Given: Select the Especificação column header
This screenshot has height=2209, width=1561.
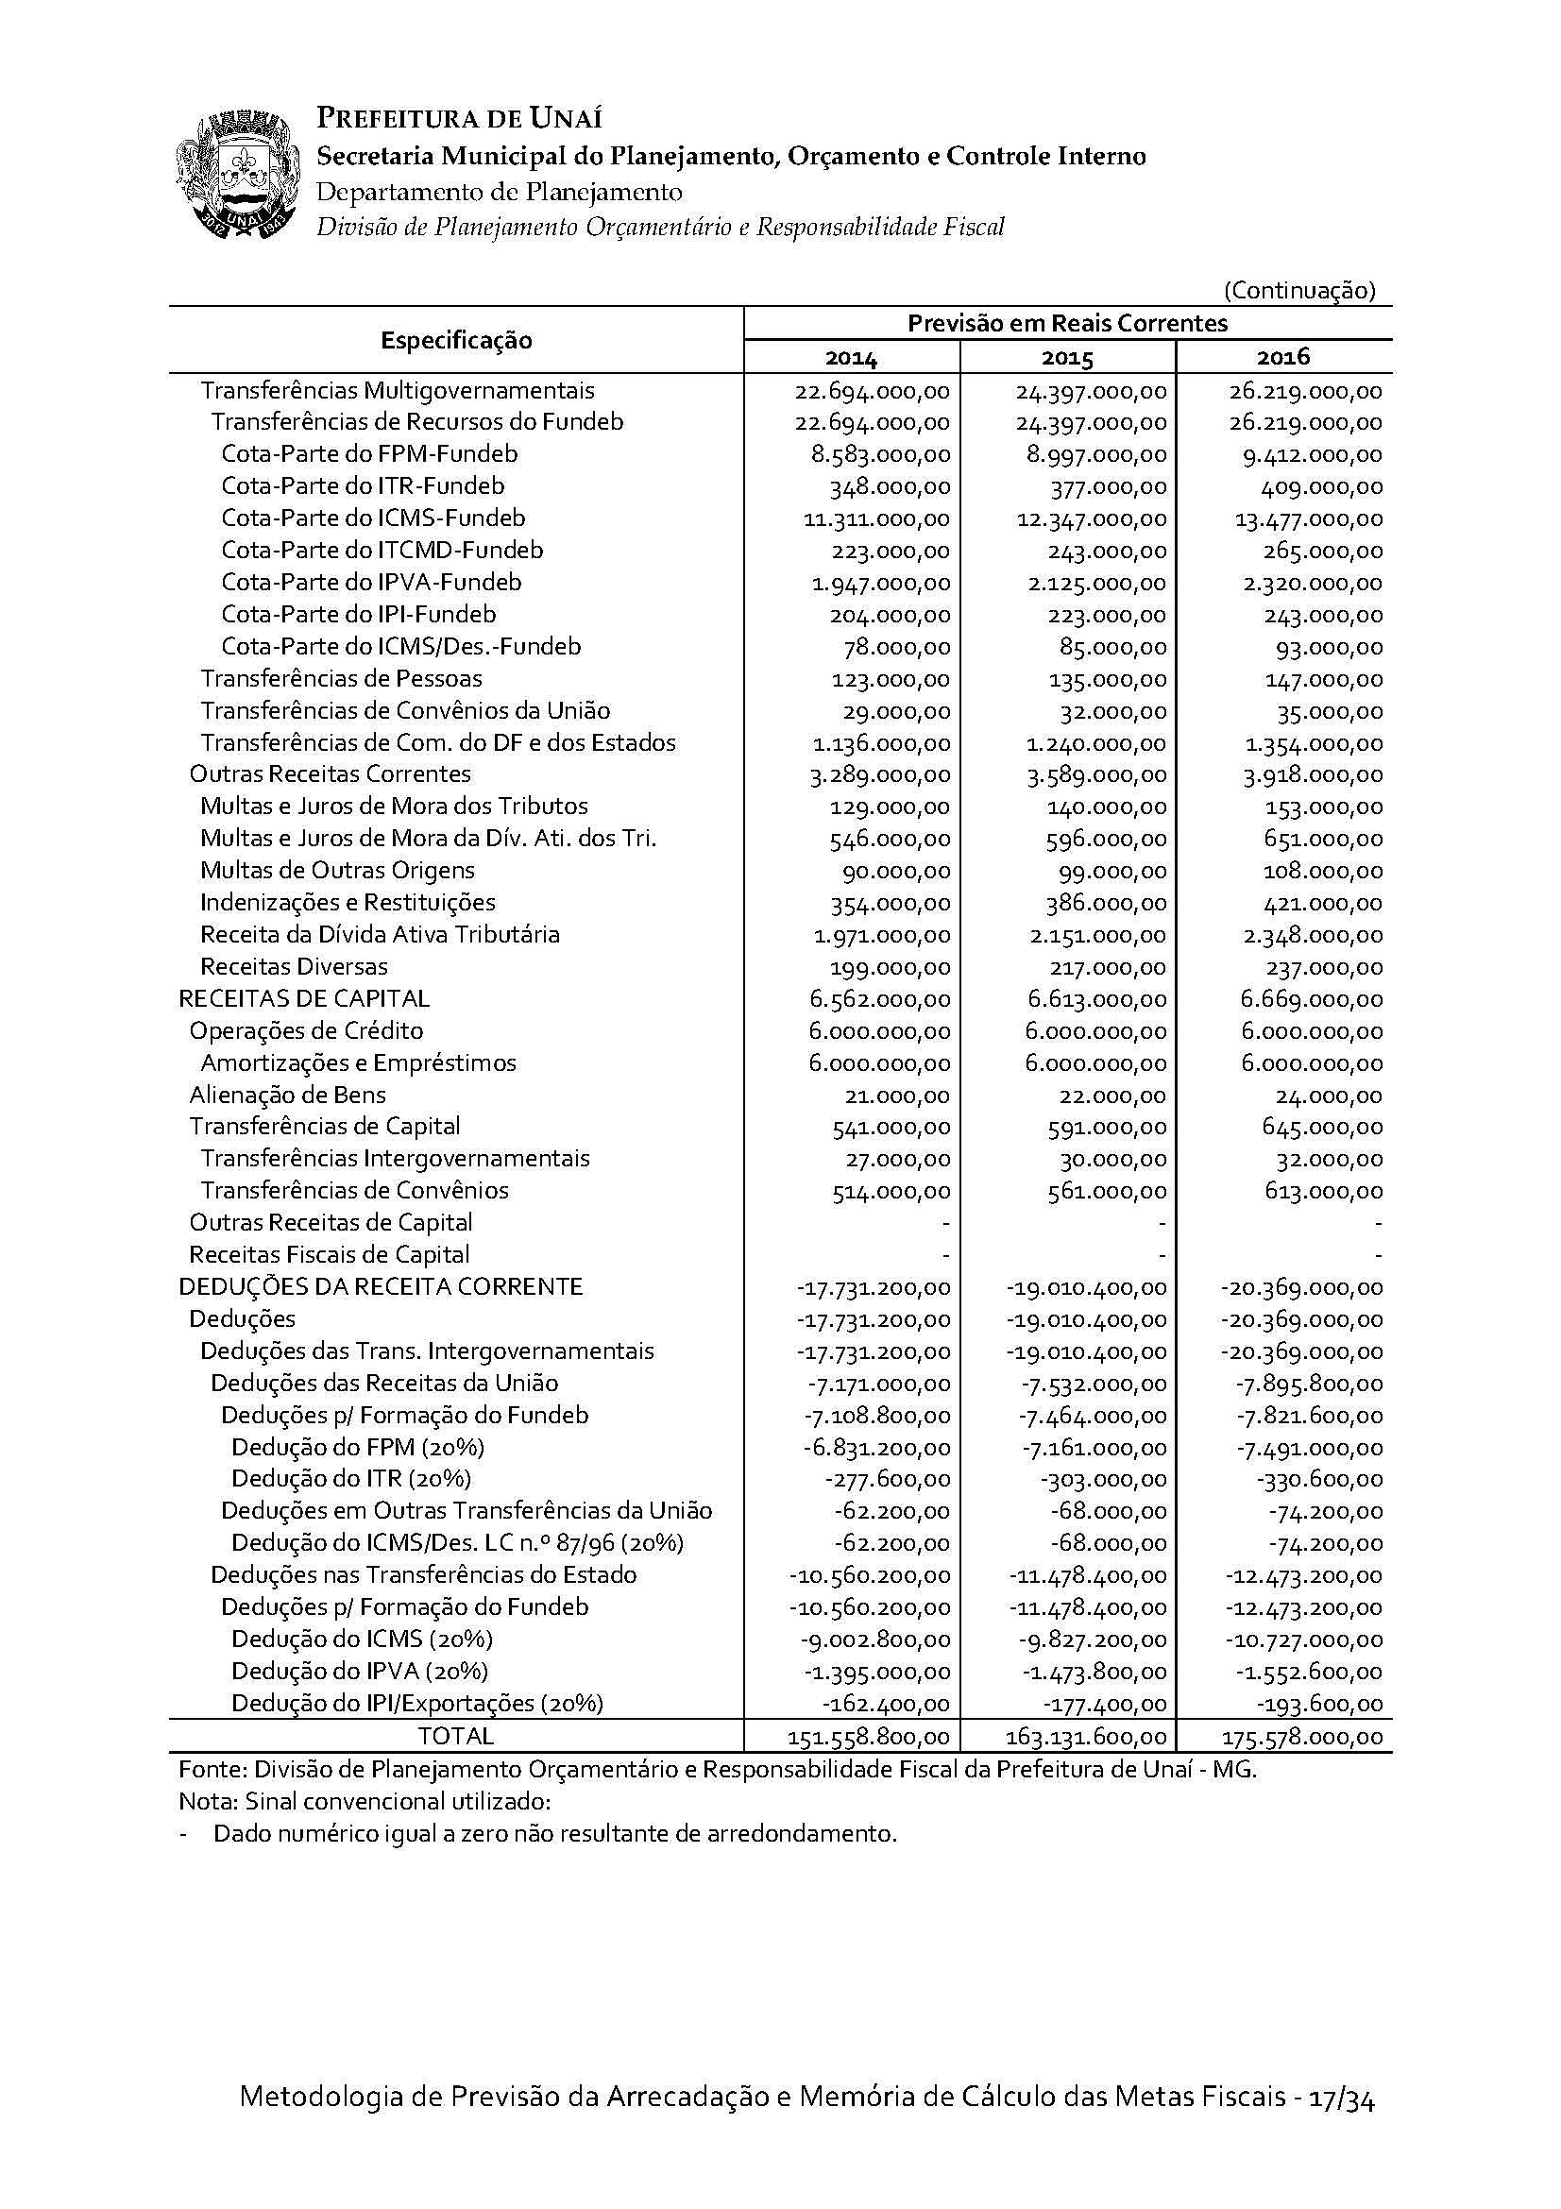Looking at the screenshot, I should tap(456, 340).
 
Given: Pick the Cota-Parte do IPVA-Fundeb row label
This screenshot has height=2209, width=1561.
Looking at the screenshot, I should tap(371, 582).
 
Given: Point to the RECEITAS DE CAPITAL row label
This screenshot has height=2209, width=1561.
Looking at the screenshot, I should tap(304, 998).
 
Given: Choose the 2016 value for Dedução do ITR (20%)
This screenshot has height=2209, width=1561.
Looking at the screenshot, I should tap(1326, 1480).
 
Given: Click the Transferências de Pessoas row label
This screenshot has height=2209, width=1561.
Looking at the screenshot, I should tap(342, 678).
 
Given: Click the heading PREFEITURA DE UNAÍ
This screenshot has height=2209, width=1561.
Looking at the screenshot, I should tap(460, 118).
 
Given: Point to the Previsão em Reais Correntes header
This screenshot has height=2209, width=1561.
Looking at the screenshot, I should tap(1068, 323).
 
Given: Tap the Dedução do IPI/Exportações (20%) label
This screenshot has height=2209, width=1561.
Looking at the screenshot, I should tap(417, 1704).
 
